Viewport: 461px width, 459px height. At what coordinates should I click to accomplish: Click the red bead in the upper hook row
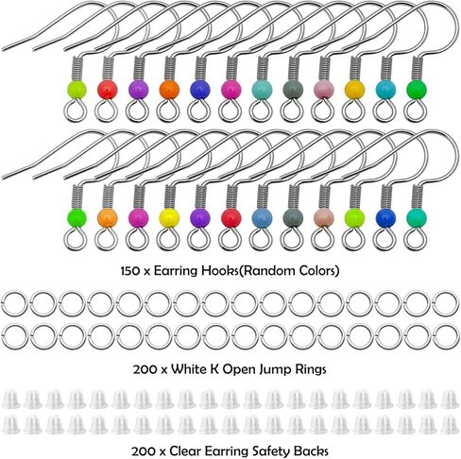108,90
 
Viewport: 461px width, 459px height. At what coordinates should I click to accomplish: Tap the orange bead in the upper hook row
169,90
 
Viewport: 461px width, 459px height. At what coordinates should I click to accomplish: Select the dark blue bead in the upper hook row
200,90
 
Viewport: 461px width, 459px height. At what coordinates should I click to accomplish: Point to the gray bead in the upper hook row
293,90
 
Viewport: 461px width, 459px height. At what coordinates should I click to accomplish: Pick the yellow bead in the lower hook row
169,218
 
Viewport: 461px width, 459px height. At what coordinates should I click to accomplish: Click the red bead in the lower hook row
230,218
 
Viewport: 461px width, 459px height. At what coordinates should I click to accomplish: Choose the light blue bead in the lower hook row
262,218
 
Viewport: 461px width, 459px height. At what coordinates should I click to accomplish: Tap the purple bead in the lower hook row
200,218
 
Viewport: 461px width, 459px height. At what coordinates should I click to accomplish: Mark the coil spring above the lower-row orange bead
108,196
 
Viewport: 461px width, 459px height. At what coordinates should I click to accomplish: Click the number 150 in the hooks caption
130,271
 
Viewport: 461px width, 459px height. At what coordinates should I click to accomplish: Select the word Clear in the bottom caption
185,451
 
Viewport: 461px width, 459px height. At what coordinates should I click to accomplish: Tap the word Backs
311,451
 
